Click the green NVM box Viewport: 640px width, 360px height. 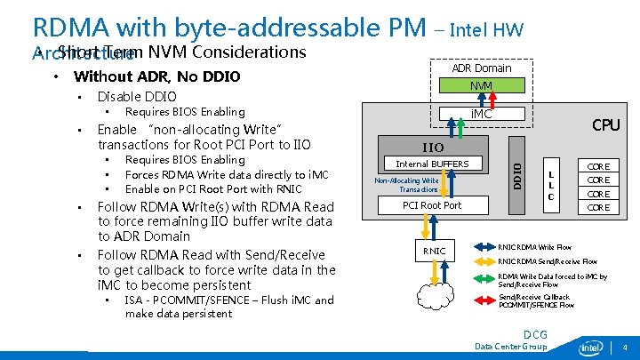point(481,85)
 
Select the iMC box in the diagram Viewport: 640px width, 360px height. point(481,114)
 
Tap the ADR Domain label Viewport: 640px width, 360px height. point(481,68)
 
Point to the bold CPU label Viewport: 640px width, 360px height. point(605,125)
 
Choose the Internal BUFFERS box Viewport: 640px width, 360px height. point(432,164)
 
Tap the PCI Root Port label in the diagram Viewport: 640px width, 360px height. point(432,205)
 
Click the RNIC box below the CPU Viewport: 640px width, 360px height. point(434,251)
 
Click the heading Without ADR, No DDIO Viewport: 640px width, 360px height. point(156,76)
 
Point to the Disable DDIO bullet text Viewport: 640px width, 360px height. point(137,96)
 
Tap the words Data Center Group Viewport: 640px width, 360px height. point(511,347)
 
